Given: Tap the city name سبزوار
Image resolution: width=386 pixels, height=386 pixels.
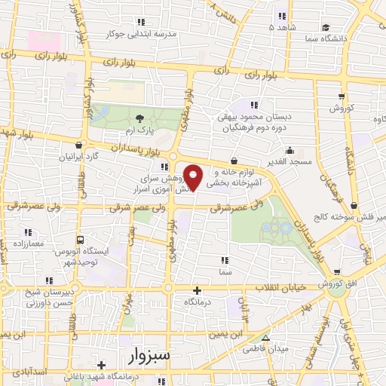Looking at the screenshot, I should (151, 354).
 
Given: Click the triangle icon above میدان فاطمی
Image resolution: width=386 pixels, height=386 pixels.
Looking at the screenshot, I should (265, 338).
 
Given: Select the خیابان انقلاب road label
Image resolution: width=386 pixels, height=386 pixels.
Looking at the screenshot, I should (280, 289).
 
